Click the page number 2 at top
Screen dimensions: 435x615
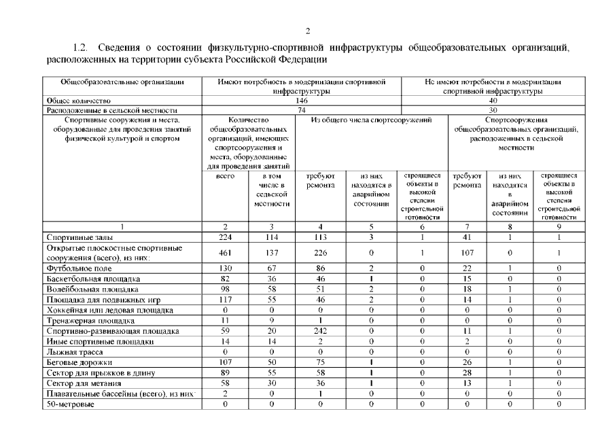point(307,31)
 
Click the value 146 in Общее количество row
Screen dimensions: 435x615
point(302,100)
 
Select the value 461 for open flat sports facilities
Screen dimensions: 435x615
point(225,254)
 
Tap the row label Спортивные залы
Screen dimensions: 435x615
point(75,238)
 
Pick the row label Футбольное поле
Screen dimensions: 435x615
point(74,268)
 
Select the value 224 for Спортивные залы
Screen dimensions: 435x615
point(225,238)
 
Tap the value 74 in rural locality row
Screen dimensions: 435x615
point(302,109)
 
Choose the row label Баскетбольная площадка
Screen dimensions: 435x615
point(93,279)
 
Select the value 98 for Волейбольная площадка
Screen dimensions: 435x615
point(225,290)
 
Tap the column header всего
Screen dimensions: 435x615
point(225,175)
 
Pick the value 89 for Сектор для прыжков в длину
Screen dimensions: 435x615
point(225,373)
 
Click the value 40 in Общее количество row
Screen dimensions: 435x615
point(493,100)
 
